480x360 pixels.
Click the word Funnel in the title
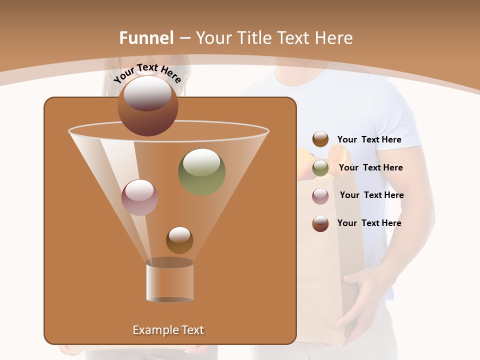click(x=146, y=38)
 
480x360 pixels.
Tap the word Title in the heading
click(x=255, y=38)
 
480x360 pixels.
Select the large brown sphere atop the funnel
click(x=148, y=105)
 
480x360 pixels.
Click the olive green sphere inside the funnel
click(x=202, y=172)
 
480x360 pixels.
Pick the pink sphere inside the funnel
click(x=140, y=197)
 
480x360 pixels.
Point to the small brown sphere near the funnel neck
click(x=179, y=240)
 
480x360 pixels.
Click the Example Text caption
click(x=168, y=330)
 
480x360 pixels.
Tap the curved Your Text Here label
click(x=147, y=73)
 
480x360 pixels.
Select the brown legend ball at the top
click(x=320, y=139)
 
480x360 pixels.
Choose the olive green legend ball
click(x=320, y=168)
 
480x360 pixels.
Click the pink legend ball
click(x=320, y=195)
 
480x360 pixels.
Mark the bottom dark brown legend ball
click(x=320, y=223)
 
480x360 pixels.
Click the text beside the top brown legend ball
click(x=369, y=139)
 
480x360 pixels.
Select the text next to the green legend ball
click(x=370, y=167)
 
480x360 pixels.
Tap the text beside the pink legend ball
click(x=371, y=195)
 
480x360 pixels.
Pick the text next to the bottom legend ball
click(x=369, y=223)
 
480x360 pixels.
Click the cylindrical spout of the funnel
click(x=169, y=281)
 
